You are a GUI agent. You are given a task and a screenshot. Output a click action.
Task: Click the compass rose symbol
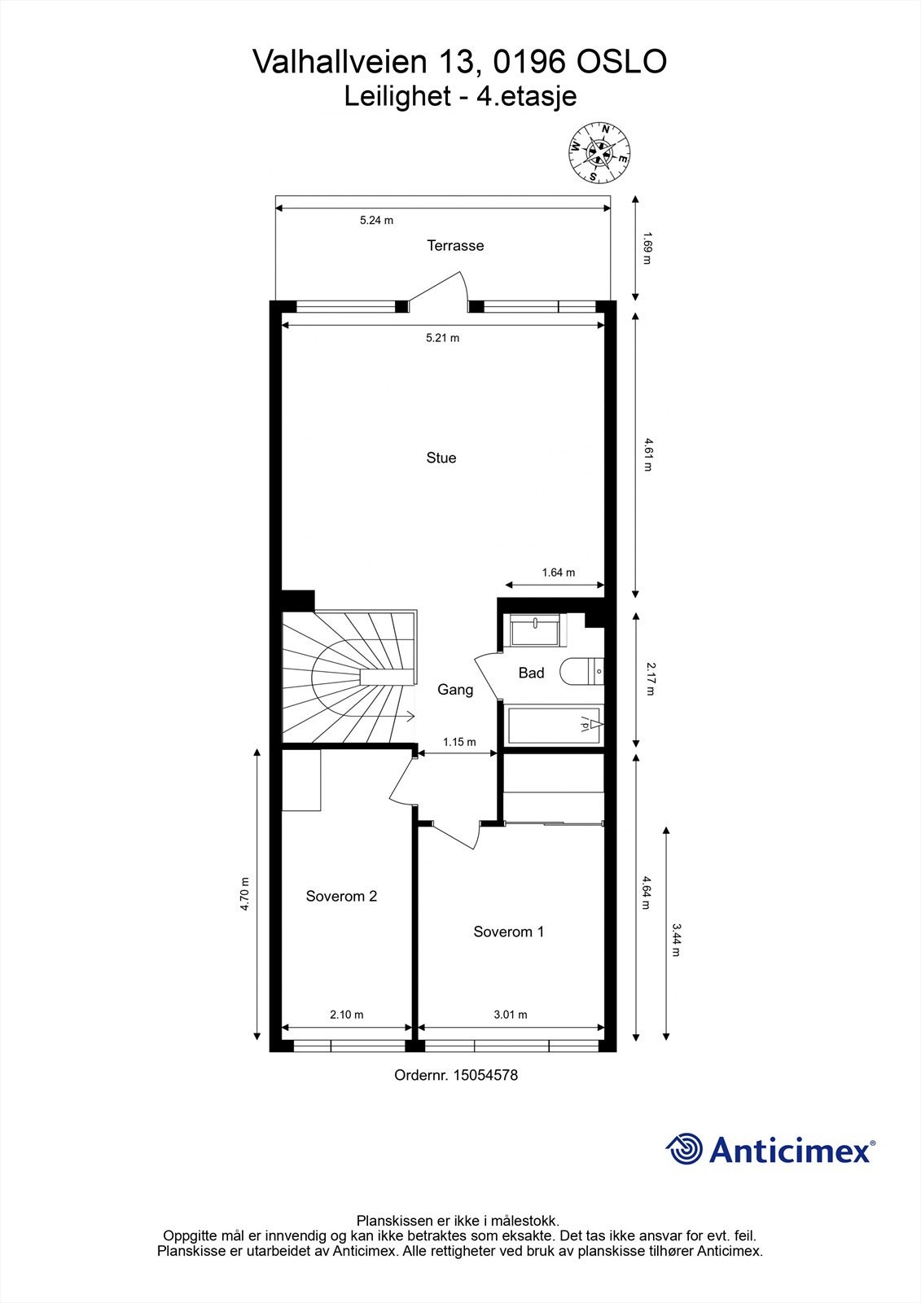(599, 152)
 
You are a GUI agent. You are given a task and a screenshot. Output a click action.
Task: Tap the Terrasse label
(455, 245)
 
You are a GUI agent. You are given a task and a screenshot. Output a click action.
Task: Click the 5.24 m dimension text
(376, 220)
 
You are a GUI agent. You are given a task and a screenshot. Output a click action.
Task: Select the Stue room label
(441, 458)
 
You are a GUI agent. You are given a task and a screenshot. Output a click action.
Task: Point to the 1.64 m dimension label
(558, 573)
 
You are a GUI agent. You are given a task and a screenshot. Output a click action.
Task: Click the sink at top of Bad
(535, 630)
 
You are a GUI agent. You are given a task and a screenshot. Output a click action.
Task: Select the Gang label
(454, 690)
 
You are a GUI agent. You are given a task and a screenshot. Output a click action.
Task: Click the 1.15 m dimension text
(458, 742)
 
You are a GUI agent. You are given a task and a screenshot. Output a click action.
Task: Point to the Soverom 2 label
(341, 896)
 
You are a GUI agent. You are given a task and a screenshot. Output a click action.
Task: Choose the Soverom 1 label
(508, 932)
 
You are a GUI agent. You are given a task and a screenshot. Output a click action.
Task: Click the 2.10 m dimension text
(346, 1015)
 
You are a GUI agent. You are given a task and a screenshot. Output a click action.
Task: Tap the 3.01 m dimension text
(510, 1015)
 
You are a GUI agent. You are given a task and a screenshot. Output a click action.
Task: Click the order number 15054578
(485, 1075)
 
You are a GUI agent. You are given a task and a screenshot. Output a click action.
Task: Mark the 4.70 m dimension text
(244, 893)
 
